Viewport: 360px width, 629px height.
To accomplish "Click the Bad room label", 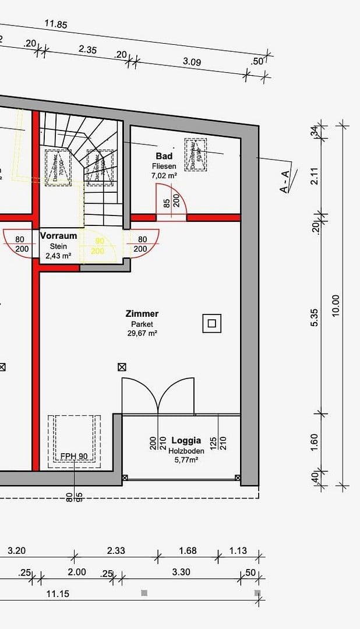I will (x=164, y=156).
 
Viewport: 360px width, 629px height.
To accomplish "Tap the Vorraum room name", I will (x=58, y=236).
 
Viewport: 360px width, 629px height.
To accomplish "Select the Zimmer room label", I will (x=142, y=314).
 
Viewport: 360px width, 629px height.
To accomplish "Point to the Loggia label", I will (x=186, y=440).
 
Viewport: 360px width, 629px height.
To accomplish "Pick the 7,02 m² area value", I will (x=164, y=175).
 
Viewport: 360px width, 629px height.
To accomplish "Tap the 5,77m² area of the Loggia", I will (x=186, y=460).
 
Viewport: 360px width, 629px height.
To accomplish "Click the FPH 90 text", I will (x=74, y=456).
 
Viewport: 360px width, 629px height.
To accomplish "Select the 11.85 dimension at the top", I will (x=56, y=24).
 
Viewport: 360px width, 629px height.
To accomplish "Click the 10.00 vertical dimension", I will (x=336, y=305).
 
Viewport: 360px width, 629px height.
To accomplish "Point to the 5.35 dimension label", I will (x=315, y=317).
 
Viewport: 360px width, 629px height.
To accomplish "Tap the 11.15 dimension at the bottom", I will (x=58, y=593).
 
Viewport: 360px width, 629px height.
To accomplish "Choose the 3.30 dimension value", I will (x=181, y=572).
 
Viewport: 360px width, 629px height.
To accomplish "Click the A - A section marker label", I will (x=284, y=181).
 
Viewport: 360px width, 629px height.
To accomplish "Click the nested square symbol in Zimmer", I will (x=212, y=323).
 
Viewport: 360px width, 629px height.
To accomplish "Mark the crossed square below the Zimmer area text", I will (x=122, y=367).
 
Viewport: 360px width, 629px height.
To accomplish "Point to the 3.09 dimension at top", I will (x=192, y=61).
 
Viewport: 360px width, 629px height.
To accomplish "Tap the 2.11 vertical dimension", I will (x=315, y=175).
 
